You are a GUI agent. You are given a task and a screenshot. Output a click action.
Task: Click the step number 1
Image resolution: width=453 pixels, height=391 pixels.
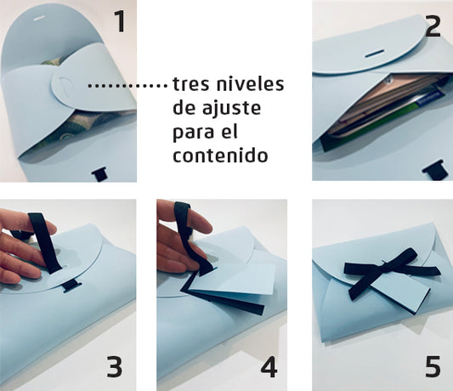point(120,21)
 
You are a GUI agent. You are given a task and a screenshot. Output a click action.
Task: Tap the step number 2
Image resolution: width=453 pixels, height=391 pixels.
point(433,26)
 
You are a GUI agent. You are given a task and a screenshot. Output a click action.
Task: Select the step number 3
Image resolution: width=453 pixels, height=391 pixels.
point(115,366)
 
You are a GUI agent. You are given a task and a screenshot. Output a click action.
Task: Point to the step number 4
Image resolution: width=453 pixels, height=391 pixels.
point(269,366)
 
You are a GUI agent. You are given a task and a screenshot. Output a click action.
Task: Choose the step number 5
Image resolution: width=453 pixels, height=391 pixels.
point(433,366)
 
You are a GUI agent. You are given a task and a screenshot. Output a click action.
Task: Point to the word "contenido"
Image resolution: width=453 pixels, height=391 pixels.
point(220,155)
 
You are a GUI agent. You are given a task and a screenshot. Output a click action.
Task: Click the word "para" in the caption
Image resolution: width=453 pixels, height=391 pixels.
point(191,133)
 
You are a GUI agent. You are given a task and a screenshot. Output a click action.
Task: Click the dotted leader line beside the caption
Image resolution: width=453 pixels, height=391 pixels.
point(127,86)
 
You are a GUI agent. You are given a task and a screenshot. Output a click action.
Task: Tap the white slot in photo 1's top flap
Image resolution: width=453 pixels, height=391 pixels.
point(39,18)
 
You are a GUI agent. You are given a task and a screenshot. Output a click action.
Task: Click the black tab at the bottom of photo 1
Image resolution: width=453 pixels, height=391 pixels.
point(100,175)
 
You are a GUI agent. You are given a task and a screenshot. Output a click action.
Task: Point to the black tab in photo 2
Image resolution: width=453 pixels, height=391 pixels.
point(433,169)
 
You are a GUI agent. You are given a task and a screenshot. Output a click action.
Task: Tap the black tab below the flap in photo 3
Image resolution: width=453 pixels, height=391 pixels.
point(71,286)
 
